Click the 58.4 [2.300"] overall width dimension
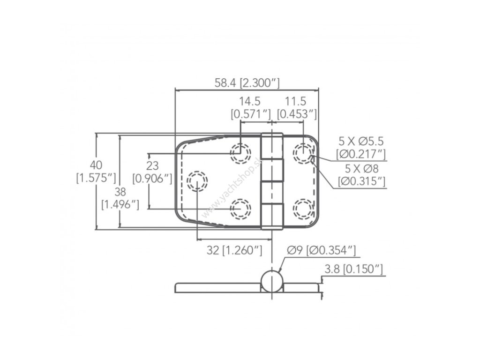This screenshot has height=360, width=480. click(247, 83)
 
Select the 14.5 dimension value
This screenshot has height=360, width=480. click(250, 101)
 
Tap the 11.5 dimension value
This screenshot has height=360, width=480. click(296, 101)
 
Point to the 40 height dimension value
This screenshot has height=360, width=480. click(96, 165)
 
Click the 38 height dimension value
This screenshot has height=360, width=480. click(120, 192)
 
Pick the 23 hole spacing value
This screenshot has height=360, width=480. click(152, 165)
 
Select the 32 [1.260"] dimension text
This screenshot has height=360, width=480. click(234, 250)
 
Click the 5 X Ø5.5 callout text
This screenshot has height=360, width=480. click(361, 141)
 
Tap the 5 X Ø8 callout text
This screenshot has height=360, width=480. click(361, 168)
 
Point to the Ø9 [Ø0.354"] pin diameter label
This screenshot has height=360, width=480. click(322, 250)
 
